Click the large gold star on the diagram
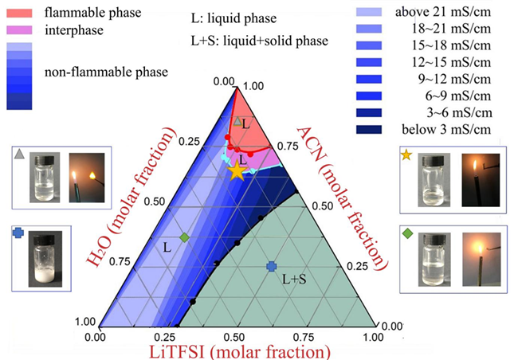(237, 170)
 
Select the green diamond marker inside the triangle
(184, 237)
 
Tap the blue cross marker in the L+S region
(271, 267)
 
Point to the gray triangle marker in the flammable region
(237, 120)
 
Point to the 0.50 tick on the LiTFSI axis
(235, 337)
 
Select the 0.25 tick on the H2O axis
(189, 141)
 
